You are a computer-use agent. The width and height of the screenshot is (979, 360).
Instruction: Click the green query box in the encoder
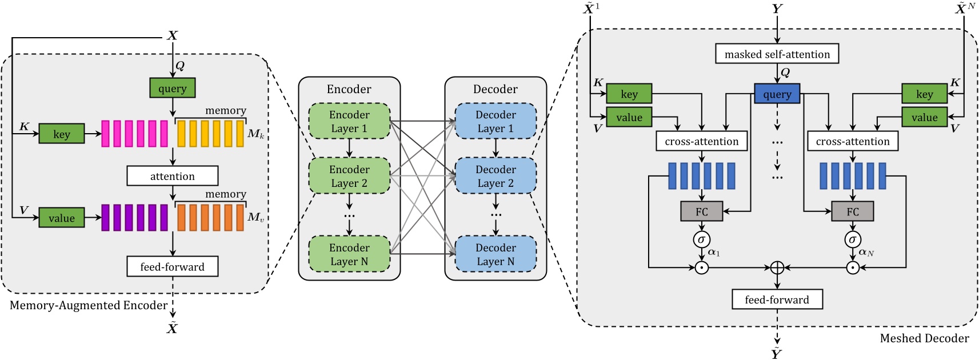pyautogui.click(x=173, y=88)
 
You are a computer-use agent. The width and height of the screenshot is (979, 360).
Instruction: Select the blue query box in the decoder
pyautogui.click(x=777, y=94)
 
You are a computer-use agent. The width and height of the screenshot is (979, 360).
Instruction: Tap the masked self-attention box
pyautogui.click(x=777, y=54)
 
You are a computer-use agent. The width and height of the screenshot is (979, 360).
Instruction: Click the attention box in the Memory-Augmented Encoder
pyautogui.click(x=172, y=176)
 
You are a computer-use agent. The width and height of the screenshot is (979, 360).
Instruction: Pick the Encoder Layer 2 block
pyautogui.click(x=349, y=176)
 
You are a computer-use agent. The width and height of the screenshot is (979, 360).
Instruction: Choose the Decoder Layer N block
pyautogui.click(x=496, y=254)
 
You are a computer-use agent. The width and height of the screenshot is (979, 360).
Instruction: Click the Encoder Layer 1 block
pyautogui.click(x=349, y=121)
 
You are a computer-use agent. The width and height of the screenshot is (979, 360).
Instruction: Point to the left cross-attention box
pyautogui.click(x=701, y=141)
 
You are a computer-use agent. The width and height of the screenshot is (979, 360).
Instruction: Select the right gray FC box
pyautogui.click(x=852, y=211)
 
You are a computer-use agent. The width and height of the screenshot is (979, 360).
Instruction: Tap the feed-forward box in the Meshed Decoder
pyautogui.click(x=777, y=299)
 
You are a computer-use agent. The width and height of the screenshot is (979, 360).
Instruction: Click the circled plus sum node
pyautogui.click(x=777, y=267)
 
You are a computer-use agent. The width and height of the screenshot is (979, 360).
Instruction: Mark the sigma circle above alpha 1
pyautogui.click(x=701, y=239)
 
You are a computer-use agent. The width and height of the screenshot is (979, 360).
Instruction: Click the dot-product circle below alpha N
pyautogui.click(x=852, y=267)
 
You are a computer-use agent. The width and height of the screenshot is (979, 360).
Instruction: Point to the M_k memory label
pyautogui.click(x=255, y=134)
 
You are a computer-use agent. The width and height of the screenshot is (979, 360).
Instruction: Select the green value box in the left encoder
pyautogui.click(x=62, y=218)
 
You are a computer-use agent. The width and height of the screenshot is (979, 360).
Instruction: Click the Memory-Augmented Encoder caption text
pyautogui.click(x=89, y=305)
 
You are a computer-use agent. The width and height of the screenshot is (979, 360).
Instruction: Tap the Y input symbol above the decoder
pyautogui.click(x=777, y=9)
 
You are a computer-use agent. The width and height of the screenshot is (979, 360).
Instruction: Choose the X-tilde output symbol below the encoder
pyautogui.click(x=172, y=328)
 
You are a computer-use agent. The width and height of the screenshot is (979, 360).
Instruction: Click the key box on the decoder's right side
pyautogui.click(x=924, y=94)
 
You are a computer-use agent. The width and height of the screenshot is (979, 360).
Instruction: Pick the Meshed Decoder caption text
pyautogui.click(x=924, y=338)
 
